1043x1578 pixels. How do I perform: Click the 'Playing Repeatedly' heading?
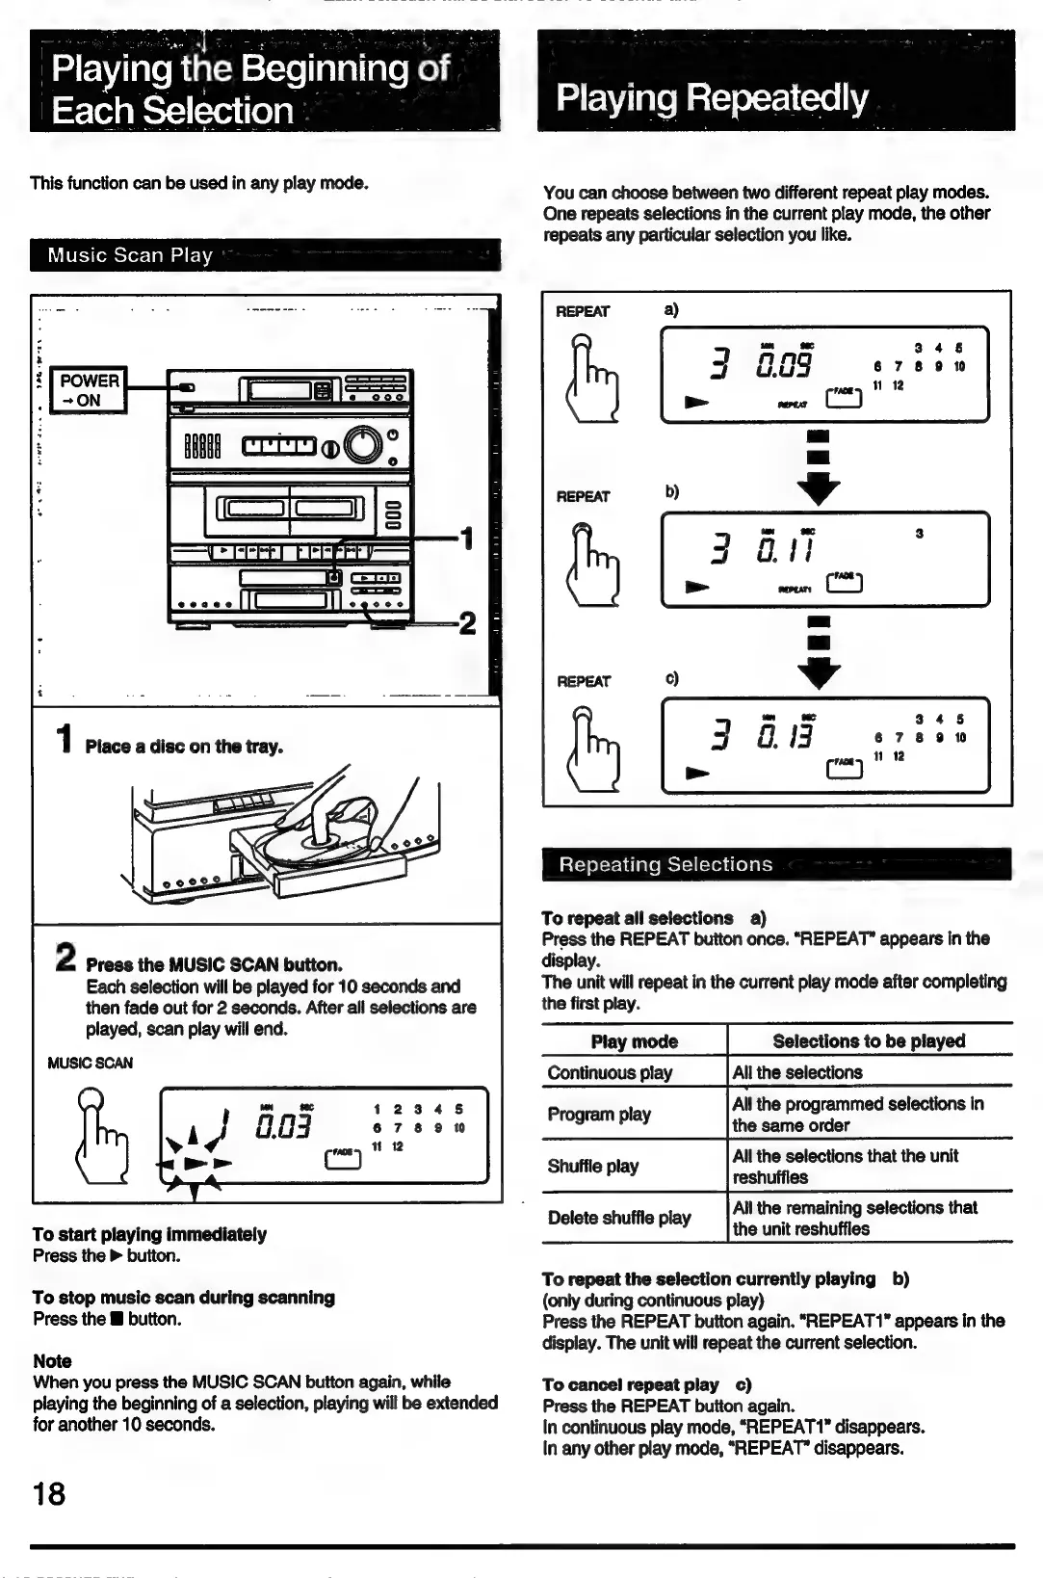[x=712, y=98]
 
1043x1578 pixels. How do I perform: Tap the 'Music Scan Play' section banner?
[x=130, y=255]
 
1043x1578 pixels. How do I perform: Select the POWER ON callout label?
[x=89, y=390]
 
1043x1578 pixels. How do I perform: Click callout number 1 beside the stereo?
[x=466, y=538]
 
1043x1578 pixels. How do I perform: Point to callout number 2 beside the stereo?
[x=467, y=623]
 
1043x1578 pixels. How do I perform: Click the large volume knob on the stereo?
[x=362, y=443]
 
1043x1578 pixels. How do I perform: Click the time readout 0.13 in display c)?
[x=785, y=737]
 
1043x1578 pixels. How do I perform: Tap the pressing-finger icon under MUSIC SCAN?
[x=101, y=1137]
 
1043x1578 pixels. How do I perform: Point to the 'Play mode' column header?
[x=634, y=1041]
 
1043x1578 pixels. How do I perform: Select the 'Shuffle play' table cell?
[x=593, y=1166]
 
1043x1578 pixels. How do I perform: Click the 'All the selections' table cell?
[x=797, y=1072]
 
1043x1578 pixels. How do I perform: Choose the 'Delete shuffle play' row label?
[x=619, y=1218]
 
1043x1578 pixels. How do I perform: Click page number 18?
[x=49, y=1494]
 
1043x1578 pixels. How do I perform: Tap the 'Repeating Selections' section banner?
[x=665, y=864]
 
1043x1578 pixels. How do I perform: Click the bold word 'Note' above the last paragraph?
[x=52, y=1361]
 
